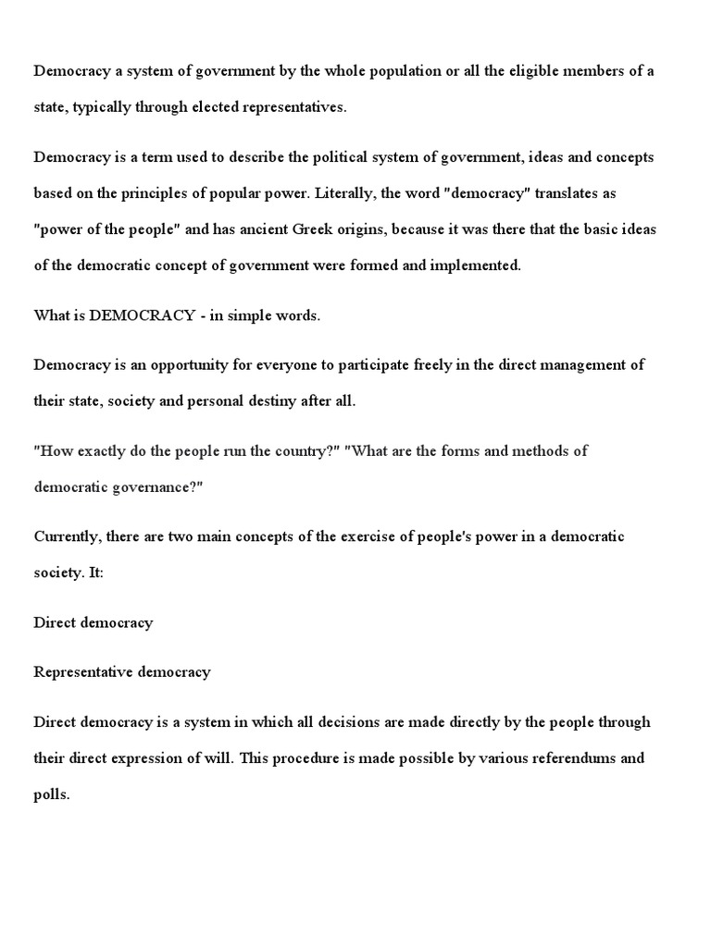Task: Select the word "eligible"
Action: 520,71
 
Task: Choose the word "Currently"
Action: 66,536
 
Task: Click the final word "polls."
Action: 52,794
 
